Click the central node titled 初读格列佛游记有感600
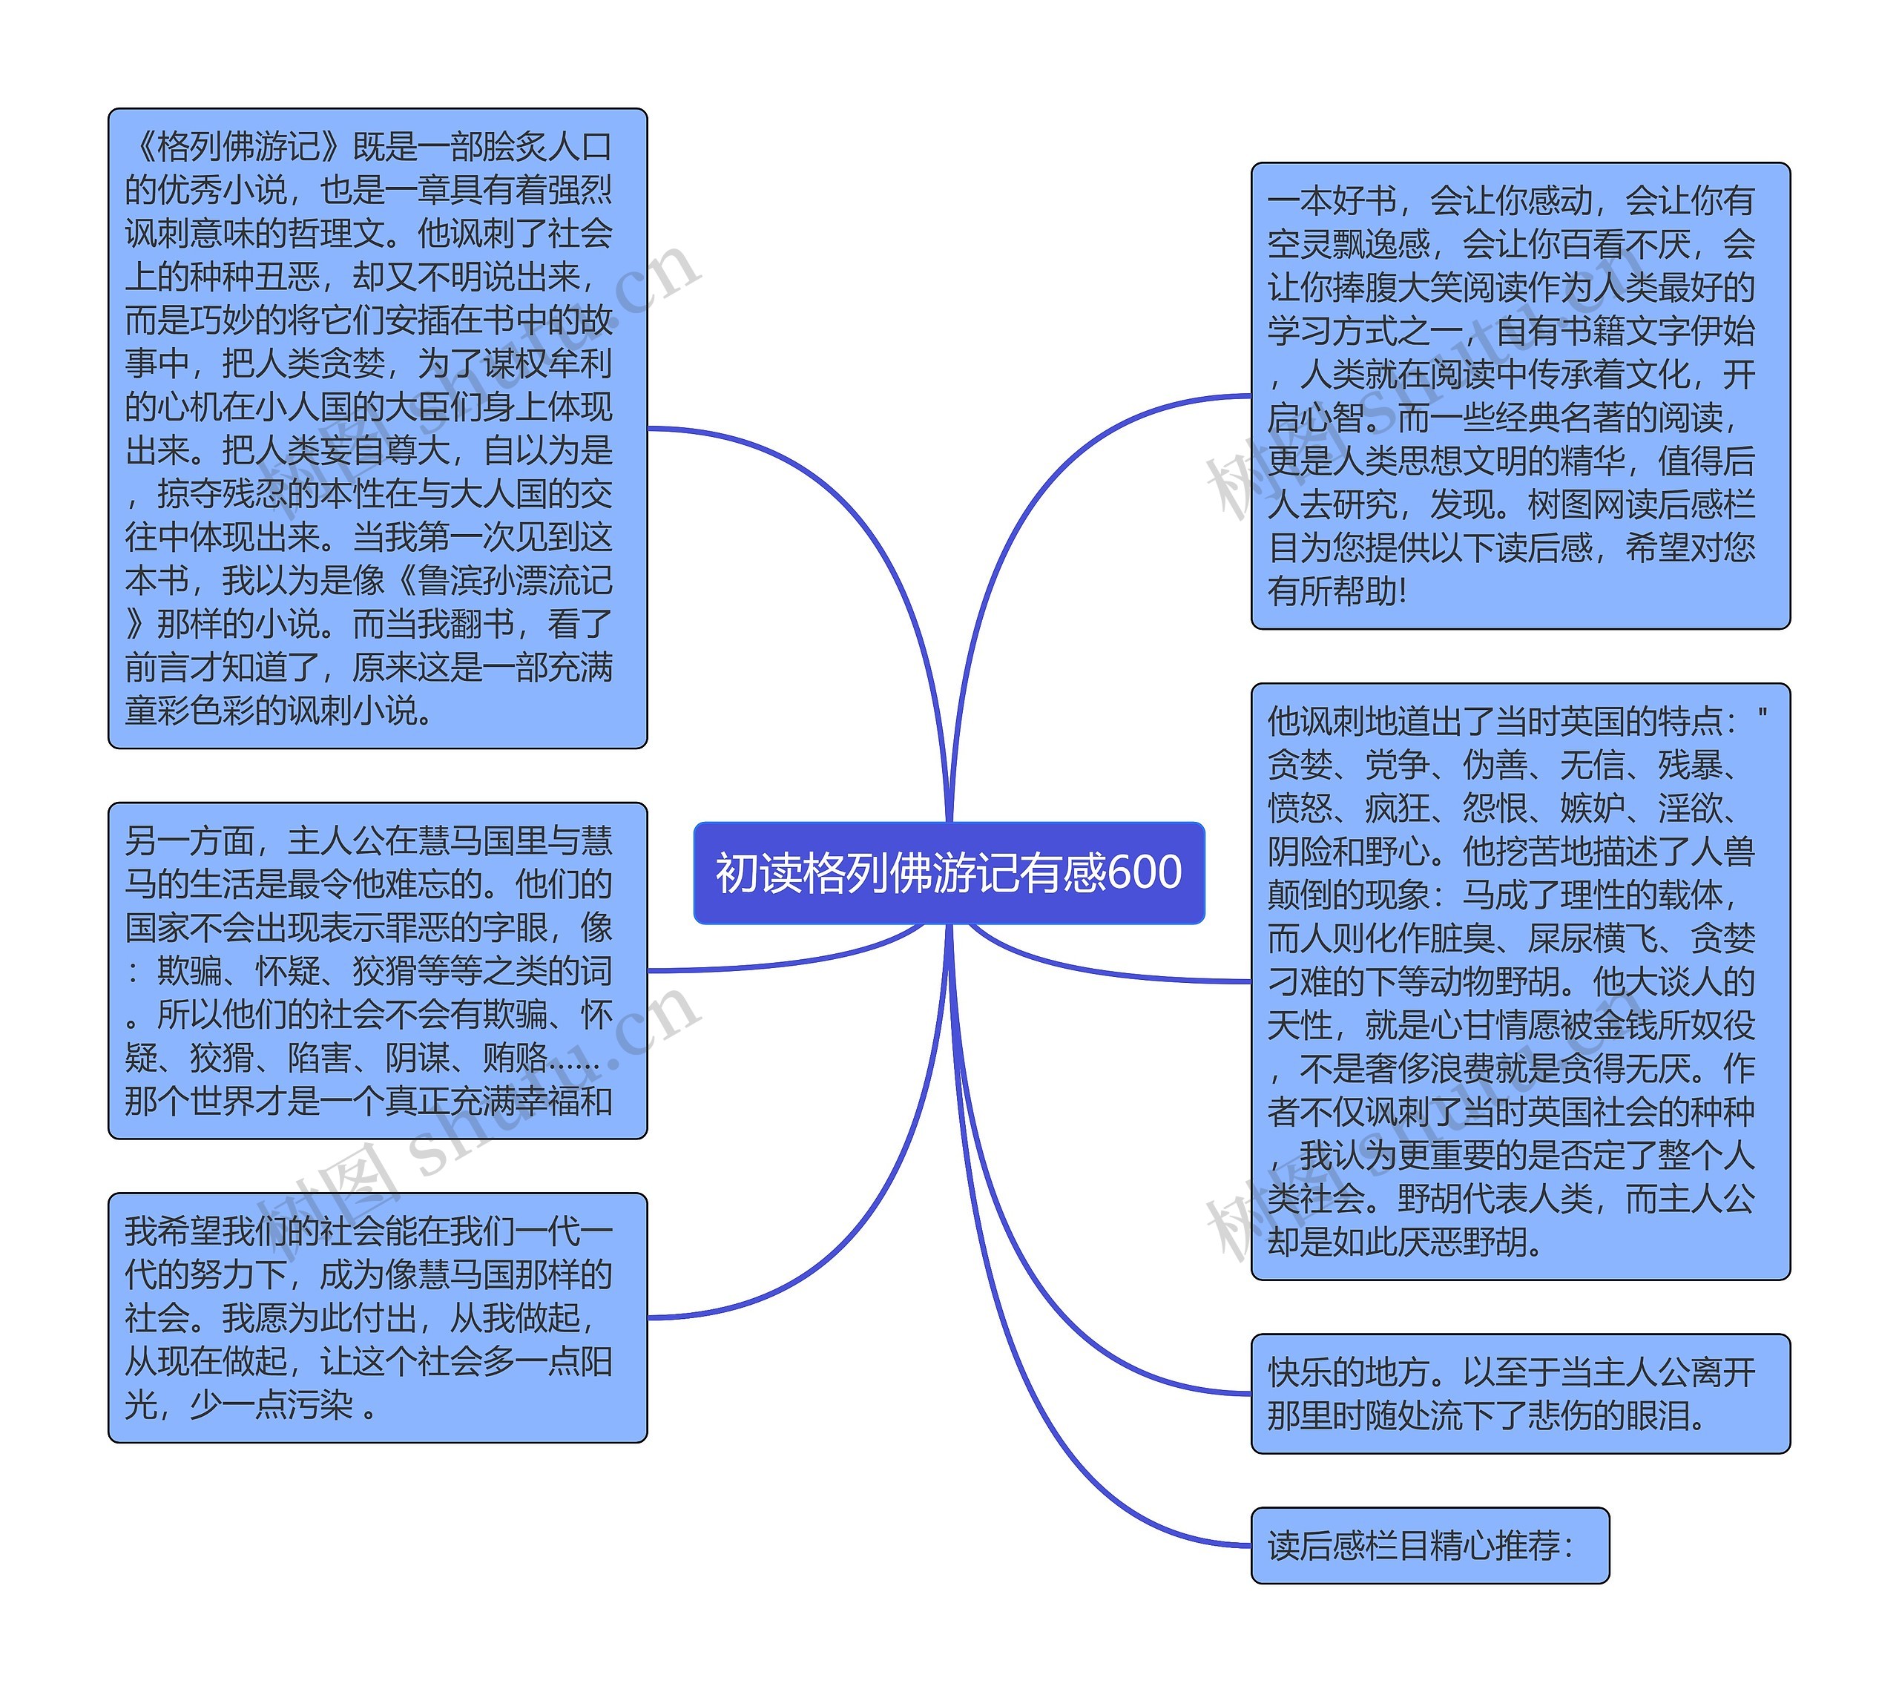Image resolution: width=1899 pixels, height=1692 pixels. point(948,872)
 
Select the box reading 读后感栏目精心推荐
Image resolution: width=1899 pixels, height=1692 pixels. point(1429,1545)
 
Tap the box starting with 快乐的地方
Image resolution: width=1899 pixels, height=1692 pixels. point(1520,1392)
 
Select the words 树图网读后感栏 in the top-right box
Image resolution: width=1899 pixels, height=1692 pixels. point(1641,505)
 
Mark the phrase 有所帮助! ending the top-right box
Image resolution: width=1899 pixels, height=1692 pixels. point(1337,591)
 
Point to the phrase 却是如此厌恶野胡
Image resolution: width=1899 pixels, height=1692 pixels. point(1403,1242)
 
